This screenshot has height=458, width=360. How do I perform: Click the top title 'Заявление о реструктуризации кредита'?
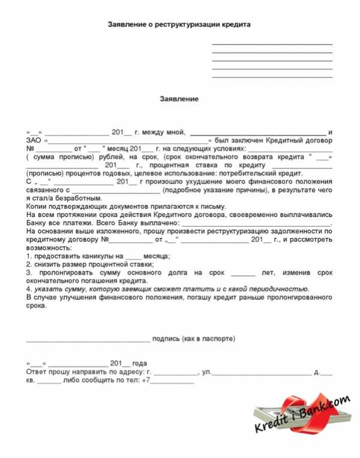click(x=178, y=25)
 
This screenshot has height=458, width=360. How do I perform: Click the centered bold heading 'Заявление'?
click(x=178, y=98)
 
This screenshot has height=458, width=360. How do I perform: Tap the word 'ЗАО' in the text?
click(x=34, y=140)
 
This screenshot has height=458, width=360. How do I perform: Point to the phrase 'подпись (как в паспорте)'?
click(x=194, y=339)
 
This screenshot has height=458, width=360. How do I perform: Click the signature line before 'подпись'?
click(x=88, y=340)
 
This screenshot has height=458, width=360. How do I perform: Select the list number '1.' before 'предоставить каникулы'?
click(x=29, y=256)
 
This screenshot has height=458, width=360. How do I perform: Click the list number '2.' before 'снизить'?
click(x=29, y=264)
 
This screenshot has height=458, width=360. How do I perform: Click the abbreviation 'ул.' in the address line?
click(x=206, y=372)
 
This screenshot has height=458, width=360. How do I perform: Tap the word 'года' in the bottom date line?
click(x=139, y=364)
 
